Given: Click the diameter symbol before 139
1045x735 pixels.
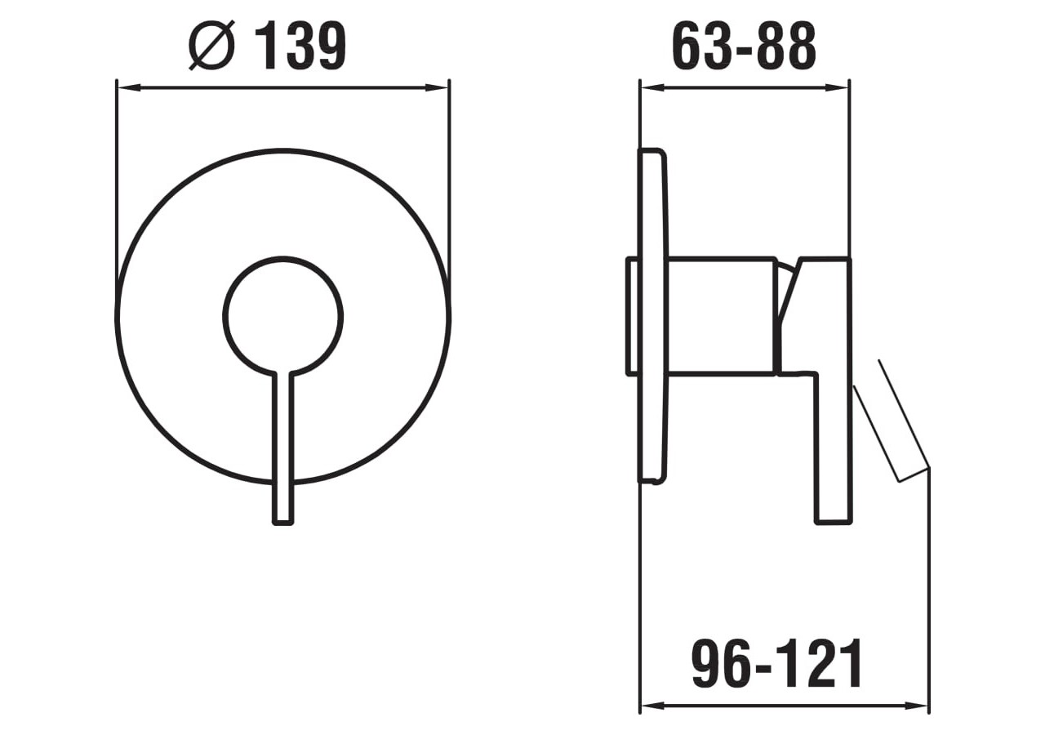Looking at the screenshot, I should [x=211, y=46].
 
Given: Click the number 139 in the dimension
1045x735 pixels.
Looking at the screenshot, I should [x=300, y=46].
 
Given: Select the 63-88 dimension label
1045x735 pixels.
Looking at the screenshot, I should [x=743, y=47].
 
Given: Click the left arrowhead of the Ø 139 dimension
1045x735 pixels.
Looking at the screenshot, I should [x=127, y=87].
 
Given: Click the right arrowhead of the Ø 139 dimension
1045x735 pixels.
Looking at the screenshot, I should [x=438, y=87].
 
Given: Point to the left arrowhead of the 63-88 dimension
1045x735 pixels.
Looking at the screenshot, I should [x=651, y=87].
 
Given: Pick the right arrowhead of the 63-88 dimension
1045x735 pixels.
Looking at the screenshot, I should [x=838, y=87].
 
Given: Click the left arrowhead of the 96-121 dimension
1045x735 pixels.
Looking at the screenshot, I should [x=651, y=706].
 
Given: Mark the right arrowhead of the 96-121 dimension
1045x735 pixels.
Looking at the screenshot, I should [x=918, y=706].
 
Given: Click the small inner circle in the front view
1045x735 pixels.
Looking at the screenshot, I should [x=282, y=317].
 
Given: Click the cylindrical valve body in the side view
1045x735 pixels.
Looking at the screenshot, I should [x=720, y=317].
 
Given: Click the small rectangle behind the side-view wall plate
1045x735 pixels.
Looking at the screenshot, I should [x=632, y=317].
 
